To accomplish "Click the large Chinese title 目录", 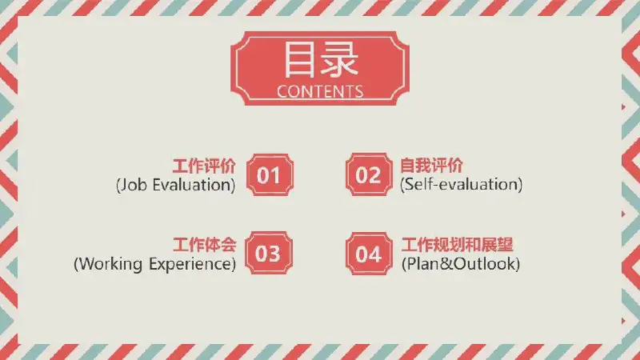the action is [321, 60].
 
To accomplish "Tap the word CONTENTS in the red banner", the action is [320, 91].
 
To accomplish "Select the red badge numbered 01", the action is [270, 174].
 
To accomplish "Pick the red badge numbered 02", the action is [369, 174].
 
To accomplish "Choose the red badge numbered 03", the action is [269, 253].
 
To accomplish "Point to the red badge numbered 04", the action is [369, 254].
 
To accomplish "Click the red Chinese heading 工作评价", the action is [204, 166].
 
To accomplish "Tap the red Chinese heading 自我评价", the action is [431, 166].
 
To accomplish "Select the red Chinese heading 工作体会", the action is [205, 245].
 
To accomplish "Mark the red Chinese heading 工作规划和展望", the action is [457, 245].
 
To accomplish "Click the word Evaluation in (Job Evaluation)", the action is [193, 186].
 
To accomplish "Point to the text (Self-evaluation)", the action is [462, 185].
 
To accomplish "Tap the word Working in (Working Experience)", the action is [110, 264].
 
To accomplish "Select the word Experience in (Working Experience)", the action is [190, 264].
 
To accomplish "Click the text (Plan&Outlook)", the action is [461, 264].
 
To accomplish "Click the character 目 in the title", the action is [299, 59].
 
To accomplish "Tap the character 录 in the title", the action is [339, 60].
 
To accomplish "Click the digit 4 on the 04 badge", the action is [375, 254].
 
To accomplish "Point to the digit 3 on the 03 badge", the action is [274, 254].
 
